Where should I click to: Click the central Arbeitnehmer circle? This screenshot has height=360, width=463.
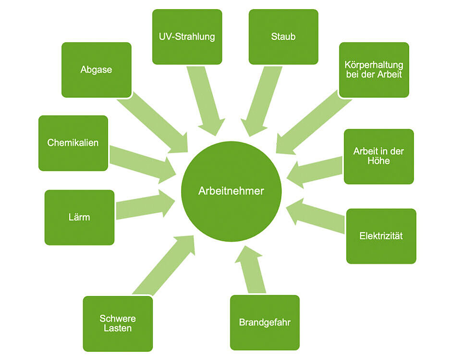coord(231,191)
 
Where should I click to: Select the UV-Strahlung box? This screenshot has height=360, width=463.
coord(187,37)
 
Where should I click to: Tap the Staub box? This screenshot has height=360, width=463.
coord(283,37)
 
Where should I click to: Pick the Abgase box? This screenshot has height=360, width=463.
coord(96,70)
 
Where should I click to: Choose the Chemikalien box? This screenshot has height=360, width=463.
coord(73,143)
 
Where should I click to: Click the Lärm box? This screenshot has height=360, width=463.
coord(79,217)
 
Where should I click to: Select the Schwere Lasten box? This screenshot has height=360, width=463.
coord(118,323)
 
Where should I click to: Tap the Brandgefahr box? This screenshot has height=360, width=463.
coord(265,322)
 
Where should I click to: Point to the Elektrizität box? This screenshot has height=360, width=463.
coord(381,236)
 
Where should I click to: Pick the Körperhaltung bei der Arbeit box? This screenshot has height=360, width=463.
coord(374,70)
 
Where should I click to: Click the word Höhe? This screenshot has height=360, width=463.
coord(378,161)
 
